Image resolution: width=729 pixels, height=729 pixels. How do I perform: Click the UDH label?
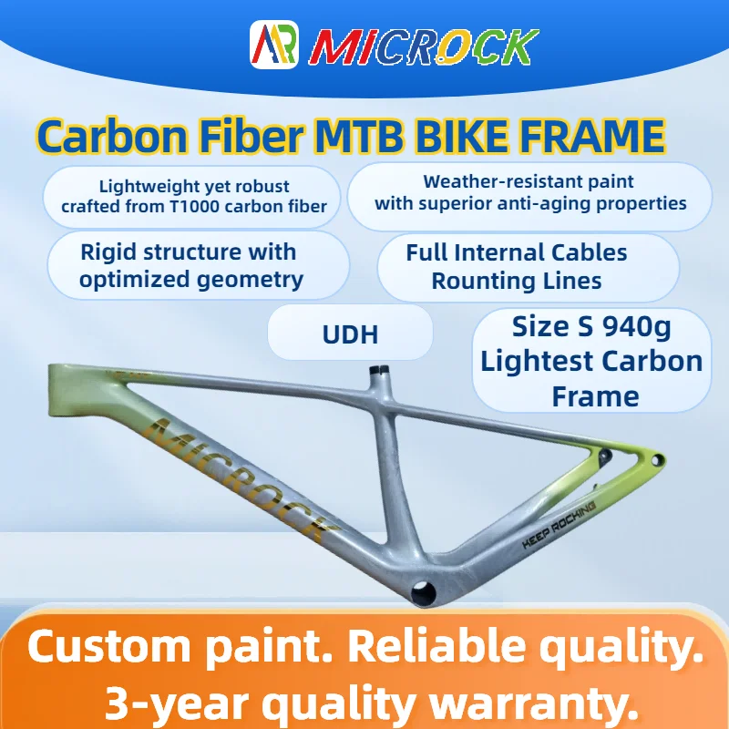pyautogui.click(x=349, y=334)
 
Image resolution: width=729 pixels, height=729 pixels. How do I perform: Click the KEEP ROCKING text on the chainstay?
pyautogui.click(x=559, y=523)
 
